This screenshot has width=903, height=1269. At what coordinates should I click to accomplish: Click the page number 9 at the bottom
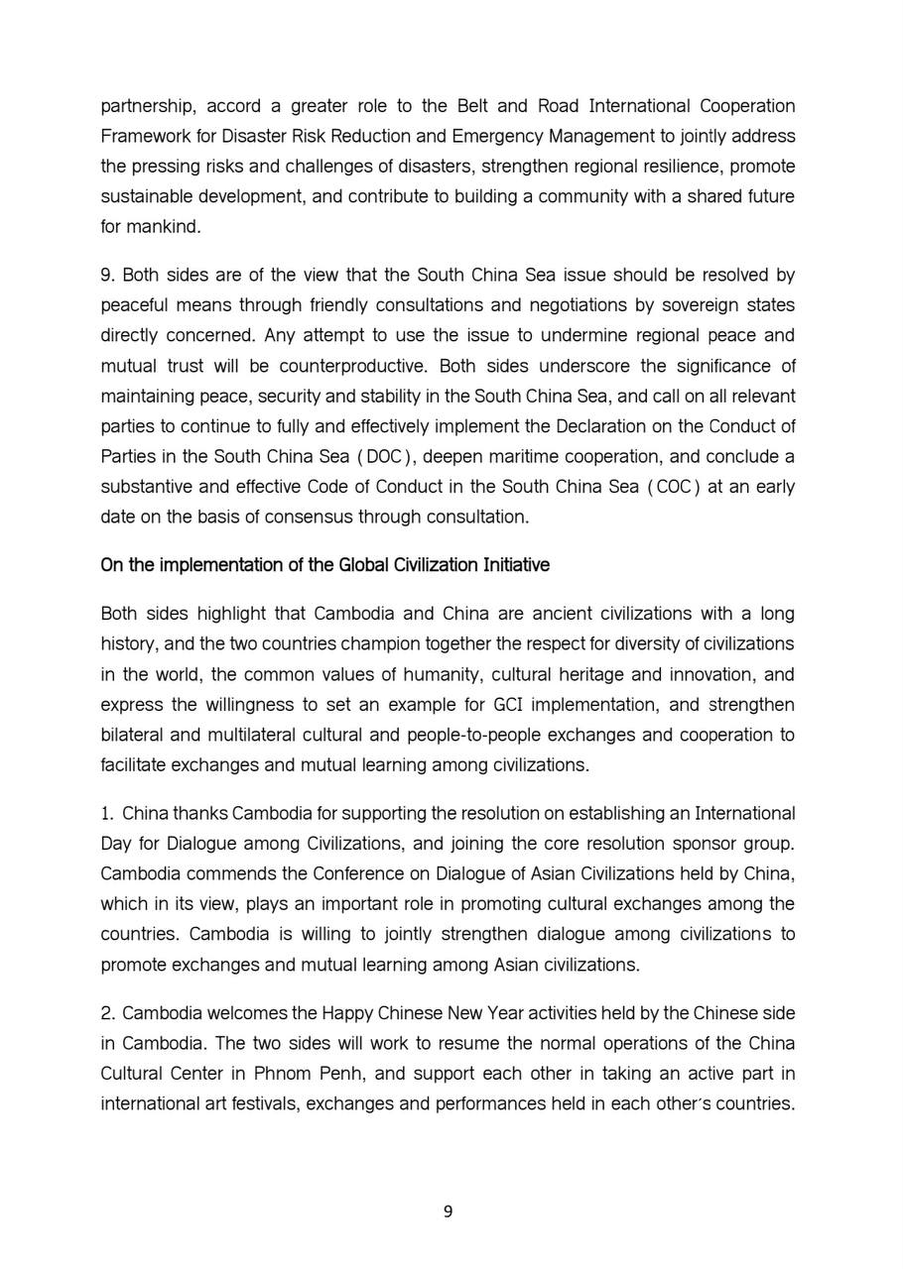tap(448, 1211)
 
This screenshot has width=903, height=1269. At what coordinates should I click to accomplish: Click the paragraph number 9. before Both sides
tap(107, 275)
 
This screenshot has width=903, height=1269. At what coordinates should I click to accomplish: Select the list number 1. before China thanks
tap(107, 814)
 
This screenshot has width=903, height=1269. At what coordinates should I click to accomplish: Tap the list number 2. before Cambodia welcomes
tap(107, 1012)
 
